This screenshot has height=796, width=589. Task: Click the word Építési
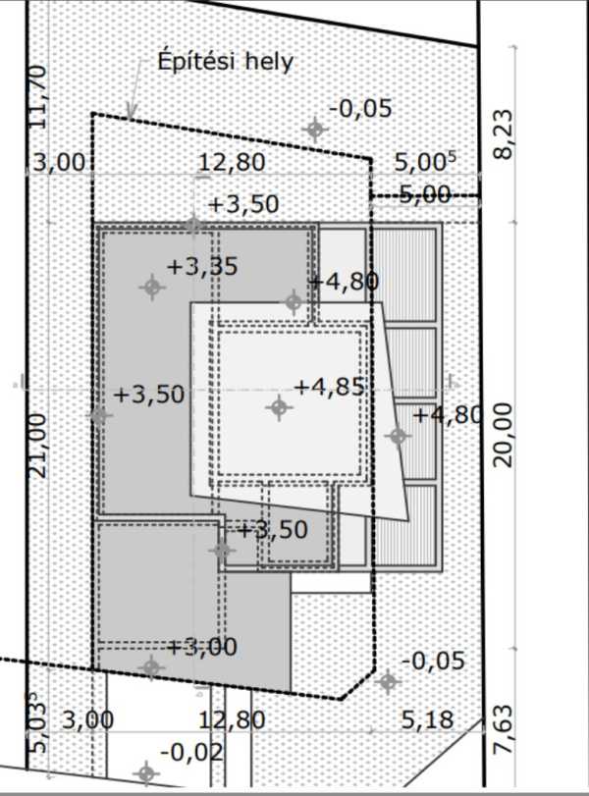tap(196, 61)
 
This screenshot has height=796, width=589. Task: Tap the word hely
tap(270, 62)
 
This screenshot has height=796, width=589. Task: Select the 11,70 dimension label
tap(39, 97)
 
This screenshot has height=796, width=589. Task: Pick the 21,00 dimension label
tap(39, 446)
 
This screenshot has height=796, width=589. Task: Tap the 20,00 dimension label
tap(503, 435)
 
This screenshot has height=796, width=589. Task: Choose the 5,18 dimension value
tap(428, 719)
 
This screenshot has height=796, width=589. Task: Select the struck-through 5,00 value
tap(424, 194)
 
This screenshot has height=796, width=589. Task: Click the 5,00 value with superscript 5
tap(425, 163)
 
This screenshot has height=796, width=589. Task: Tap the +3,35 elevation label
tap(202, 267)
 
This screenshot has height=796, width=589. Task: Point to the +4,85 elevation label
tap(330, 387)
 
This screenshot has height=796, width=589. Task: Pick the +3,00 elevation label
tap(202, 647)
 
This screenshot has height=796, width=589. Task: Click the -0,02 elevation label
tap(191, 752)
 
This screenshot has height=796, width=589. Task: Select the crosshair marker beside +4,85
tap(279, 407)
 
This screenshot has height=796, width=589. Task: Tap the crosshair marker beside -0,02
tap(146, 774)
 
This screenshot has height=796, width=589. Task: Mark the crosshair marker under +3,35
tap(152, 288)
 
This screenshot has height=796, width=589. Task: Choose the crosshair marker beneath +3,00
tap(151, 667)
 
